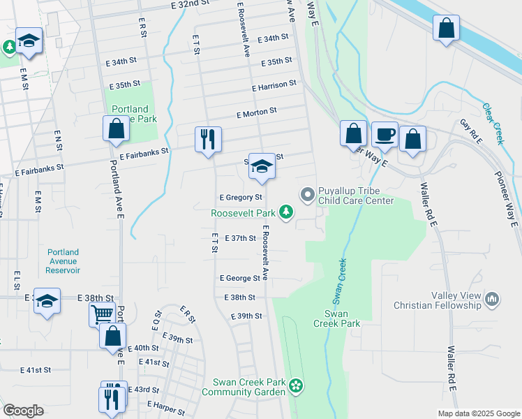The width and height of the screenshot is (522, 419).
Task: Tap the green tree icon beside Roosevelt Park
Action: pyautogui.click(x=285, y=211)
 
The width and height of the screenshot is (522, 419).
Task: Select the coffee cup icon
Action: pyautogui.click(x=384, y=134)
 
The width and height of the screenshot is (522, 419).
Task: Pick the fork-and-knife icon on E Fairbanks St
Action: pyautogui.click(x=207, y=139)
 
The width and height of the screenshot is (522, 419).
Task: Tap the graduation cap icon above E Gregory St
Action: pyautogui.click(x=262, y=166)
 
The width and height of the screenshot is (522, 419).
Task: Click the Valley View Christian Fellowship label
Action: pyautogui.click(x=437, y=300)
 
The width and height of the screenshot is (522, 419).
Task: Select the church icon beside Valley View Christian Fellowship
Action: pyautogui.click(x=493, y=300)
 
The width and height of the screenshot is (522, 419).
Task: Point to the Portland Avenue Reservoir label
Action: pyautogui.click(x=64, y=261)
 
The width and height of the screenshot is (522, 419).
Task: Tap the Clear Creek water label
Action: pyautogui.click(x=492, y=124)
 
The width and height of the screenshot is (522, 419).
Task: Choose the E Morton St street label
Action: pyautogui.click(x=256, y=111)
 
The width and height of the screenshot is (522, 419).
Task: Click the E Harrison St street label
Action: pyautogui.click(x=274, y=86)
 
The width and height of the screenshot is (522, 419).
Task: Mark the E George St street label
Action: pyautogui.click(x=239, y=278)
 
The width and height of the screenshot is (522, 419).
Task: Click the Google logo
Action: pyautogui.click(x=23, y=411)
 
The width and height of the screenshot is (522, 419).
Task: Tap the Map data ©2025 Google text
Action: pyautogui.click(x=477, y=413)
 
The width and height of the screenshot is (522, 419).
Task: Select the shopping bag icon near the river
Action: pyautogui.click(x=446, y=29)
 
